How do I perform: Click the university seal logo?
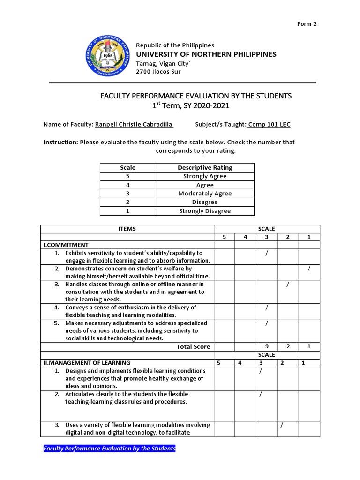108,58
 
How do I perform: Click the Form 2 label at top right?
307,24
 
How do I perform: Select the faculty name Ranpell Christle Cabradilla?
134,125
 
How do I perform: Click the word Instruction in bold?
60,142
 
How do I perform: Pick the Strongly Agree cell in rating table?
205,176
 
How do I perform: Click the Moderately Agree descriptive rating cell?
205,194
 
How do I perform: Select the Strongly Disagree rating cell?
205,211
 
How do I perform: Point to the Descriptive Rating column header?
205,167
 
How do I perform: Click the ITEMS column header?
127,229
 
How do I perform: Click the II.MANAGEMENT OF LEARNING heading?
87,362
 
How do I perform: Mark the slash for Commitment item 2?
308,269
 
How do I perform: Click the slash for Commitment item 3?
287,284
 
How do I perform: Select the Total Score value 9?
266,346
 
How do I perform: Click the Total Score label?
193,346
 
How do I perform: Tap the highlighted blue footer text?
110,449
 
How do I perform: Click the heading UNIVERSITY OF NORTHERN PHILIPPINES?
206,54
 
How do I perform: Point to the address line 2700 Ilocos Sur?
158,72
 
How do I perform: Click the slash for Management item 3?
282,425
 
